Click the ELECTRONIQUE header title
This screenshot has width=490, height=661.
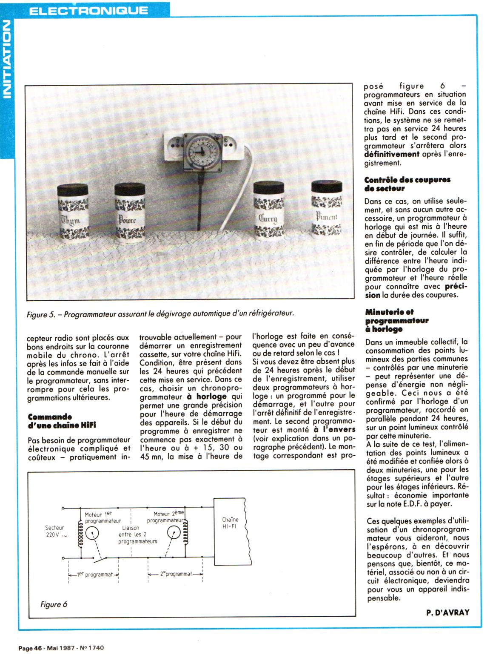88,10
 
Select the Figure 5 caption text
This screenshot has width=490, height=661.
160,314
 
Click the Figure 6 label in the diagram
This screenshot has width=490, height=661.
54,604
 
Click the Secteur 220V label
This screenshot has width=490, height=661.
56,531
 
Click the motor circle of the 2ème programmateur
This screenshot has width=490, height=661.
173,532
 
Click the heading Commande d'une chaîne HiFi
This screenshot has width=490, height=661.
62,421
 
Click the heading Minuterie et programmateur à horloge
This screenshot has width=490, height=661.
396,320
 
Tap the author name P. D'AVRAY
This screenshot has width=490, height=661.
447,612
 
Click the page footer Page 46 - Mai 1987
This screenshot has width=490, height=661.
61,648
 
